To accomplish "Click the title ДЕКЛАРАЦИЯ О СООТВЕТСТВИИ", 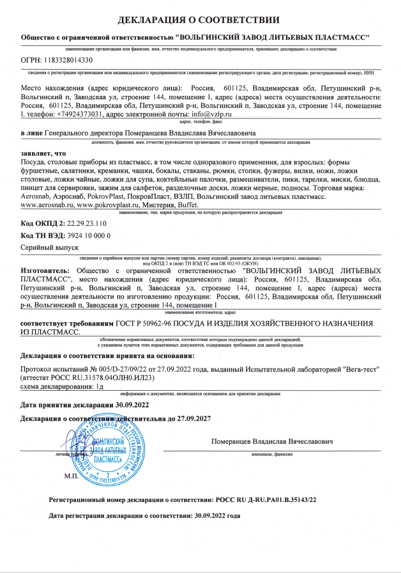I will (x=200, y=20).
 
